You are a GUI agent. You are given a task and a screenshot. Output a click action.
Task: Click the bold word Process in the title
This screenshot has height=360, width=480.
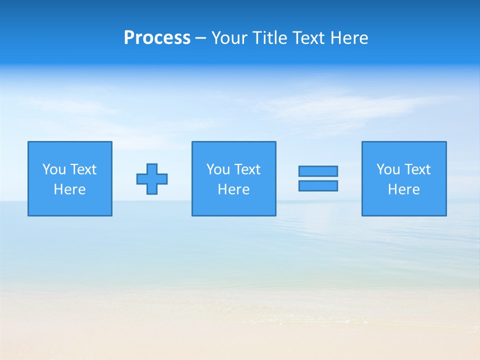pos(157,38)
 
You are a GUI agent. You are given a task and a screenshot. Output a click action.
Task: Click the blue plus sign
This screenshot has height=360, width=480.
pos(152,179)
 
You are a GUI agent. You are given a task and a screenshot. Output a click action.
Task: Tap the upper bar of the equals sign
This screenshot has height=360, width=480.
pos(318,171)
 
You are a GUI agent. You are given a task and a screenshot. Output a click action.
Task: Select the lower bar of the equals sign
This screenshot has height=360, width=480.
pos(318,186)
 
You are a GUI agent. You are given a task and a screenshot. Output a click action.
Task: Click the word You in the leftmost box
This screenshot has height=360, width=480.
pos(54,169)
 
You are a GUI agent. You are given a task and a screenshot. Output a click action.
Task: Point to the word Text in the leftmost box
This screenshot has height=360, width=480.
pos(83,169)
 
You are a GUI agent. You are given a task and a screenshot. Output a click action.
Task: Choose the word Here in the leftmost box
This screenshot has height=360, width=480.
pos(70,189)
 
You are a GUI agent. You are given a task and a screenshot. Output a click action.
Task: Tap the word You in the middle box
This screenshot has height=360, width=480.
pos(218,169)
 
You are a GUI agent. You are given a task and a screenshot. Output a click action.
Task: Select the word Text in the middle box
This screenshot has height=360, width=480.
pos(247,169)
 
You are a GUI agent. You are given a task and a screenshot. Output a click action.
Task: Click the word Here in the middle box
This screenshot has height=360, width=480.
pos(234,189)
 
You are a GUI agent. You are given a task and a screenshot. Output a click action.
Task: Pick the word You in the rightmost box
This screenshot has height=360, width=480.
pos(388,169)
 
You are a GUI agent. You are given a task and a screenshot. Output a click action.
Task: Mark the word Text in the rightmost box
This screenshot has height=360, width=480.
pos(417,169)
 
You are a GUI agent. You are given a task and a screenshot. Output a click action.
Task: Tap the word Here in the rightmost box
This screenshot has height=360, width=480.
pos(404,189)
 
